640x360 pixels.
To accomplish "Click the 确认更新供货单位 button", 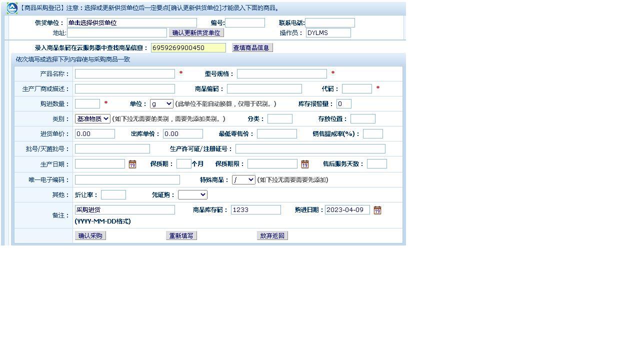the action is (196, 33).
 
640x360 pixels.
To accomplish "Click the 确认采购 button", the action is (90, 236).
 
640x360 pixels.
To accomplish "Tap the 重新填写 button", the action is (181, 236).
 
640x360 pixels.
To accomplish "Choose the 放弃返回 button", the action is (272, 236).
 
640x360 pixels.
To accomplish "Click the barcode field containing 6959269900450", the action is (188, 48).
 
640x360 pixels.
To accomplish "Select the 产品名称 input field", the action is (125, 74).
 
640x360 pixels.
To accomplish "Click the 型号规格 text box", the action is (282, 74).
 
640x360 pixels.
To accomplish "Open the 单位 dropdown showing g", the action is (161, 104).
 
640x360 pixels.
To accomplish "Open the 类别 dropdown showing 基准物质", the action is (92, 119).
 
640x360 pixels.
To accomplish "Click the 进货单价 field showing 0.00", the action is (95, 134).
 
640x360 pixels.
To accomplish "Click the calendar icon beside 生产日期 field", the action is (132, 164).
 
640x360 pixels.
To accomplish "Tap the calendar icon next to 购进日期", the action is (377, 210).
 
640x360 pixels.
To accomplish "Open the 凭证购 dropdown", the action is (192, 195).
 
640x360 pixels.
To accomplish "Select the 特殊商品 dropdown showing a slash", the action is (243, 180).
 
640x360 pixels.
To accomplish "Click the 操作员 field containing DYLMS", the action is (328, 33).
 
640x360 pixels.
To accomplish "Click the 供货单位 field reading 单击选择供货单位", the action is (132, 23).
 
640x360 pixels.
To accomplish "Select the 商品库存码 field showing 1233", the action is (255, 210).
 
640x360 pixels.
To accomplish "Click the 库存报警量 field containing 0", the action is (344, 104).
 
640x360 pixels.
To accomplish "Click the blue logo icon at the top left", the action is (12, 8).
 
